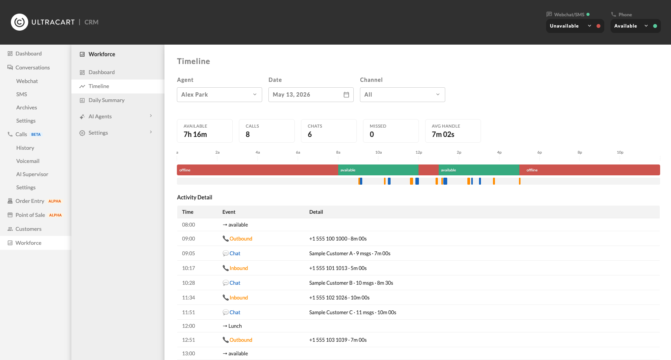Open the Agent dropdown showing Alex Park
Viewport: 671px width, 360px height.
219,95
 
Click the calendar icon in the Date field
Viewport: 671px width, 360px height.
346,95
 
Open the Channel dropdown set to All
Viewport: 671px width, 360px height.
402,95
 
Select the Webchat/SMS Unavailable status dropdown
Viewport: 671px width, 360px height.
575,26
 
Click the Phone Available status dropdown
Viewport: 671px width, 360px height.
635,26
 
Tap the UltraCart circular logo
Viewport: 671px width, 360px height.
19,22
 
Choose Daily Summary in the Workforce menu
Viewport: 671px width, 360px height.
106,100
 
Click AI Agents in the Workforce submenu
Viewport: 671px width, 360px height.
100,116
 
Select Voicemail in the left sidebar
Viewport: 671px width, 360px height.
28,161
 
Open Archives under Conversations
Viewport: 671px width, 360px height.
27,107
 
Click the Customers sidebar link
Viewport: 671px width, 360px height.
28,229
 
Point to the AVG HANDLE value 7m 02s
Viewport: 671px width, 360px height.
443,135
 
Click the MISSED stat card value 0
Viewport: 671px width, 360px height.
372,135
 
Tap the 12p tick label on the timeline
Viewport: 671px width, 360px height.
419,152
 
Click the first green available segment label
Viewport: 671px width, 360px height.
348,170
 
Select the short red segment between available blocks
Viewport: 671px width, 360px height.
429,170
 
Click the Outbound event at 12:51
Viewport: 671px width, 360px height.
241,340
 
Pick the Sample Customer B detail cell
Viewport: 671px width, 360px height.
351,283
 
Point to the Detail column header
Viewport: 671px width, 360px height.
316,212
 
